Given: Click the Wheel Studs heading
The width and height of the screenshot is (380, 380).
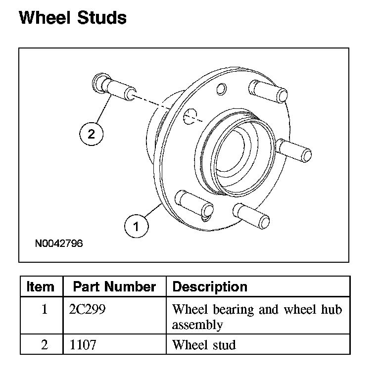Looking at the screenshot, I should coord(72,18).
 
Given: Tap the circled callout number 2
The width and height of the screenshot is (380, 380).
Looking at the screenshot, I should coord(91,133).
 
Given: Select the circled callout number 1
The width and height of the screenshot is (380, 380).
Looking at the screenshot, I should coord(135,226).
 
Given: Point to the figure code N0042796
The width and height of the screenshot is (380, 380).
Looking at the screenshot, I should coord(59,243).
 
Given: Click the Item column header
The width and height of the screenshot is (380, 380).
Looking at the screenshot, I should coord(41,286).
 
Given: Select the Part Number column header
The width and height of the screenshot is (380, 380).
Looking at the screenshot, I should coord(114,286).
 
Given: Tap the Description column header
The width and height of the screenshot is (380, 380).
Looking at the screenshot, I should coord(210,286).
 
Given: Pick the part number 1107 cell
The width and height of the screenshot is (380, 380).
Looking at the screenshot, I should coord(83,344).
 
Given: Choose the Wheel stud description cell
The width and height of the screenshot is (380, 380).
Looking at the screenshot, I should coord(204,344).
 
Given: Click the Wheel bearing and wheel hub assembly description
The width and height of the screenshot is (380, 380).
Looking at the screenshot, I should coord(256,317).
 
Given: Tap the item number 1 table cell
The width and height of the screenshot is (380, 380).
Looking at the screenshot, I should coord(45,310).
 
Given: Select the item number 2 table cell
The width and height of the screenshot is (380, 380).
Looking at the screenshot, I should coord(45,344).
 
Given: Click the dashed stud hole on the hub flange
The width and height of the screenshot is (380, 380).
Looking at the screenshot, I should coord(189,117).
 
